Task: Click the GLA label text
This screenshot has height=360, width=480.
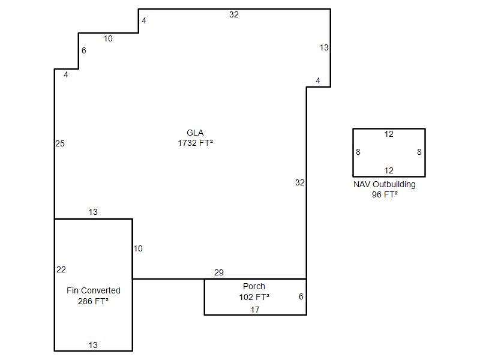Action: (x=195, y=133)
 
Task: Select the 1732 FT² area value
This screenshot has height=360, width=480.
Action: (x=196, y=143)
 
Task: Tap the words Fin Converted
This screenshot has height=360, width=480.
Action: (x=94, y=290)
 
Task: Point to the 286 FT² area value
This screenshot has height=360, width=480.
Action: (x=94, y=301)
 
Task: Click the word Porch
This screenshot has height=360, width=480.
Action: (x=254, y=286)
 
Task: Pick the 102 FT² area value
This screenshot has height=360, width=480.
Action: (x=254, y=297)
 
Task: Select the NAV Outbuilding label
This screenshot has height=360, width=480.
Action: (x=385, y=185)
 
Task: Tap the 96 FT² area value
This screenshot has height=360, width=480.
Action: (x=385, y=194)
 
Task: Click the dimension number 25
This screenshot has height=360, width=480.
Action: (x=60, y=143)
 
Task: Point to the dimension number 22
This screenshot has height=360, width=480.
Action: (x=61, y=269)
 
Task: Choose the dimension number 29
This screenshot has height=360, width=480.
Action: (x=219, y=272)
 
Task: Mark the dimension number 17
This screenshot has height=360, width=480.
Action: (x=255, y=310)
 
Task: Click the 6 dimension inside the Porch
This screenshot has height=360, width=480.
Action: (x=301, y=296)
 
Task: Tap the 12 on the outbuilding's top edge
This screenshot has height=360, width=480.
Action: (x=389, y=134)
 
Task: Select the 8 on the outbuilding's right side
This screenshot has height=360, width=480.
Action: (x=419, y=152)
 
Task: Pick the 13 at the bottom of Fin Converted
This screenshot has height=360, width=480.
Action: (x=93, y=346)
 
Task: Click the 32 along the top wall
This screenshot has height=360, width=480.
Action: (x=234, y=14)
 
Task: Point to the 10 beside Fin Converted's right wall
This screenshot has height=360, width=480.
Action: (x=138, y=248)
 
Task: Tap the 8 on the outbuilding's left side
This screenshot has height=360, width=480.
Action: (x=358, y=152)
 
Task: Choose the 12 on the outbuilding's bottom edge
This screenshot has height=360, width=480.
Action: (x=389, y=170)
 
